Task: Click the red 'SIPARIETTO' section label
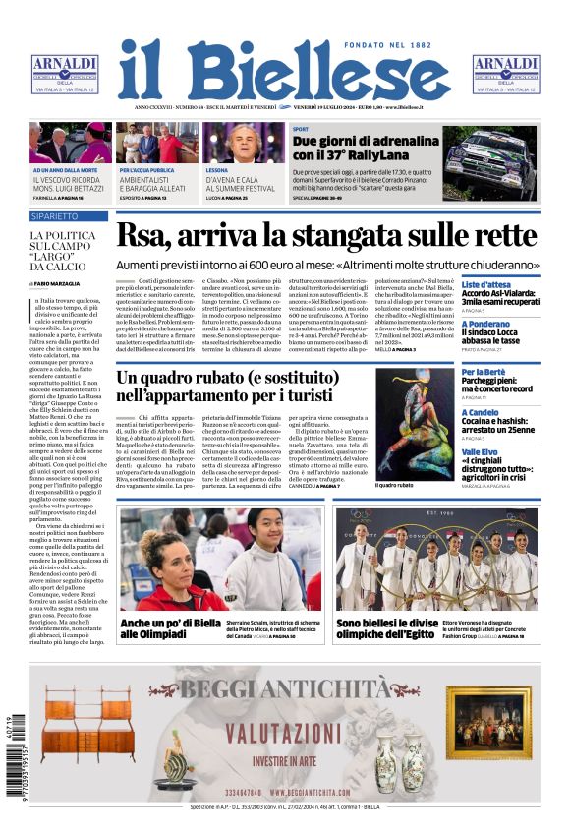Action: (x=54, y=215)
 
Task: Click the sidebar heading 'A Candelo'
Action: (x=482, y=412)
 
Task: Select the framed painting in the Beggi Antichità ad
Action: (x=488, y=722)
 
